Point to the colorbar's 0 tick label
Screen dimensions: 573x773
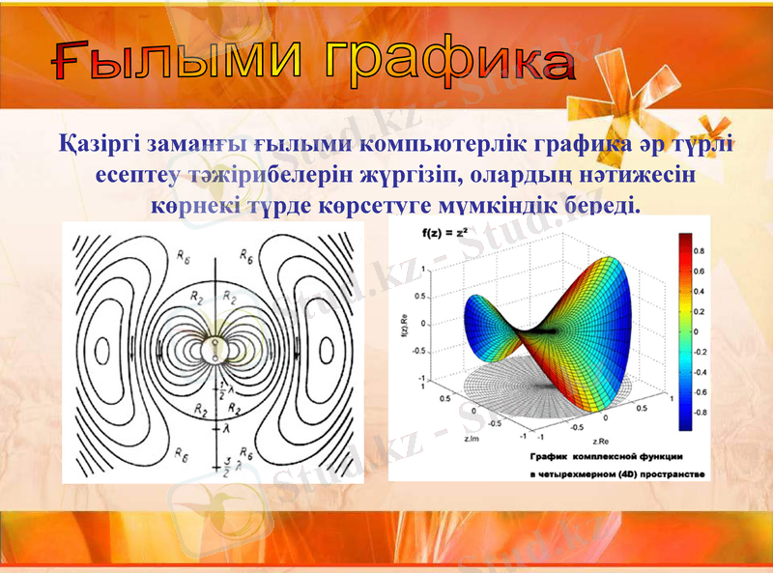tap(695, 330)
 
